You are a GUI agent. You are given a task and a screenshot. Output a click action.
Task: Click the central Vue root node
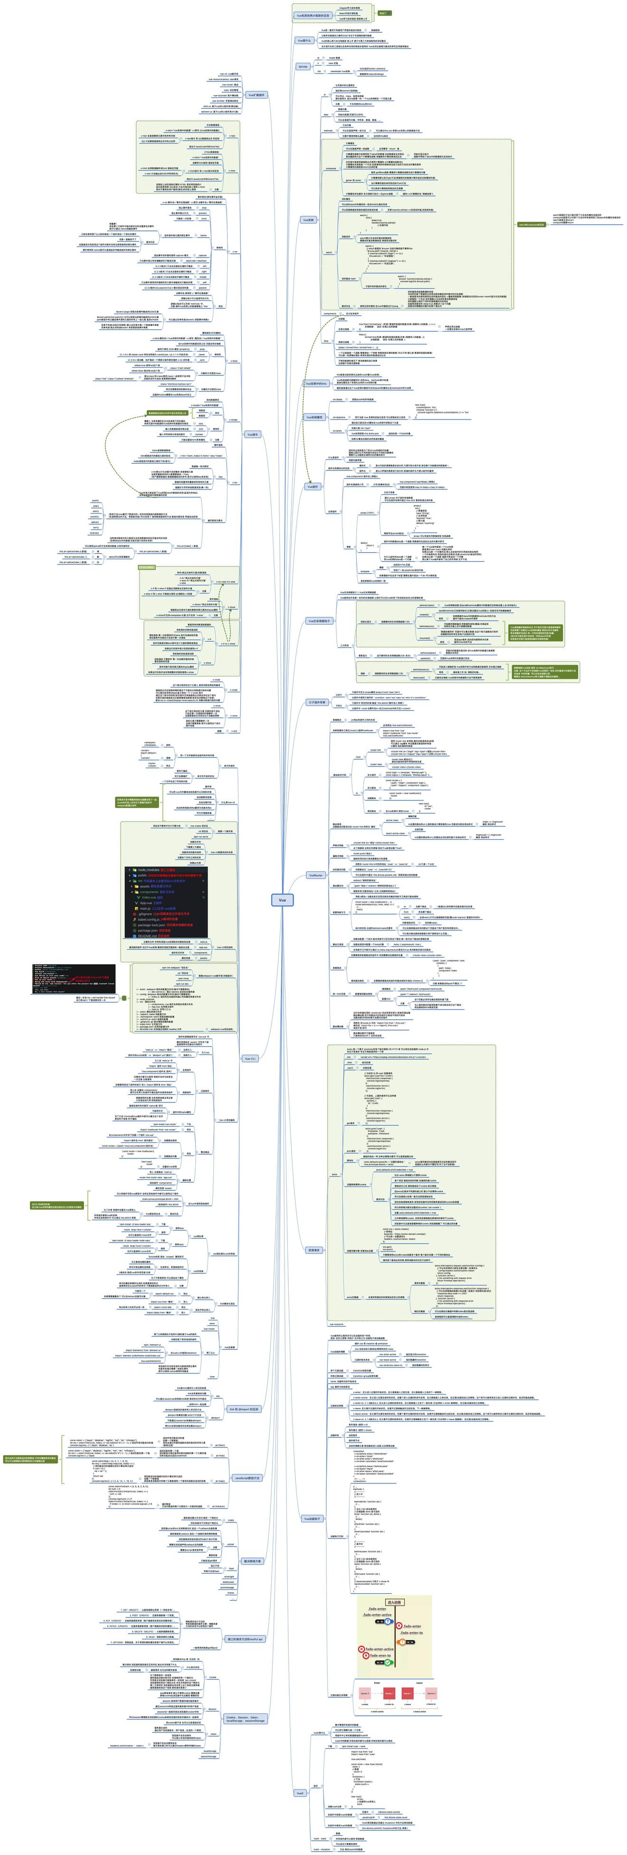click(x=282, y=900)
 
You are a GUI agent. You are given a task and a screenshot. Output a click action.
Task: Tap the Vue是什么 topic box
click(x=304, y=40)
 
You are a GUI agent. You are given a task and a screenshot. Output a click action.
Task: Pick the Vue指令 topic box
click(x=253, y=434)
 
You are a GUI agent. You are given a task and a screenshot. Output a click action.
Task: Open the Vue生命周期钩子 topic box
click(x=318, y=621)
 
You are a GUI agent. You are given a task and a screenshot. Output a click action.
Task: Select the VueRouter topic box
click(x=315, y=875)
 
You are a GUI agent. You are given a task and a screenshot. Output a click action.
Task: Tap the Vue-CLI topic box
click(x=250, y=1059)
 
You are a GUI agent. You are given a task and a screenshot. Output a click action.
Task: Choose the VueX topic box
click(x=300, y=1793)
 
